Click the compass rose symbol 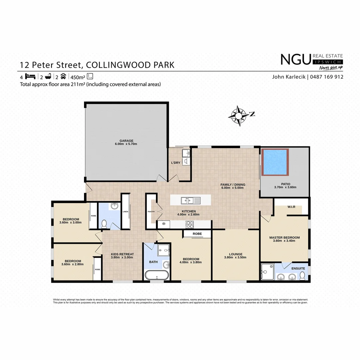[x=239, y=116]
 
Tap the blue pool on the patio [x=275, y=162]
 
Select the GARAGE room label [x=126, y=141]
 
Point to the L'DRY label [x=176, y=163]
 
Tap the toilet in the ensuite [x=302, y=276]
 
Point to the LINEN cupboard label [x=125, y=212]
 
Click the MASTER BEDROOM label [x=284, y=238]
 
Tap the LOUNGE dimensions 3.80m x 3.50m [x=235, y=257]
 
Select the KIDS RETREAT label [x=122, y=254]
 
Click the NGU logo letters [x=295, y=60]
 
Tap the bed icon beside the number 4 [x=30, y=76]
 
